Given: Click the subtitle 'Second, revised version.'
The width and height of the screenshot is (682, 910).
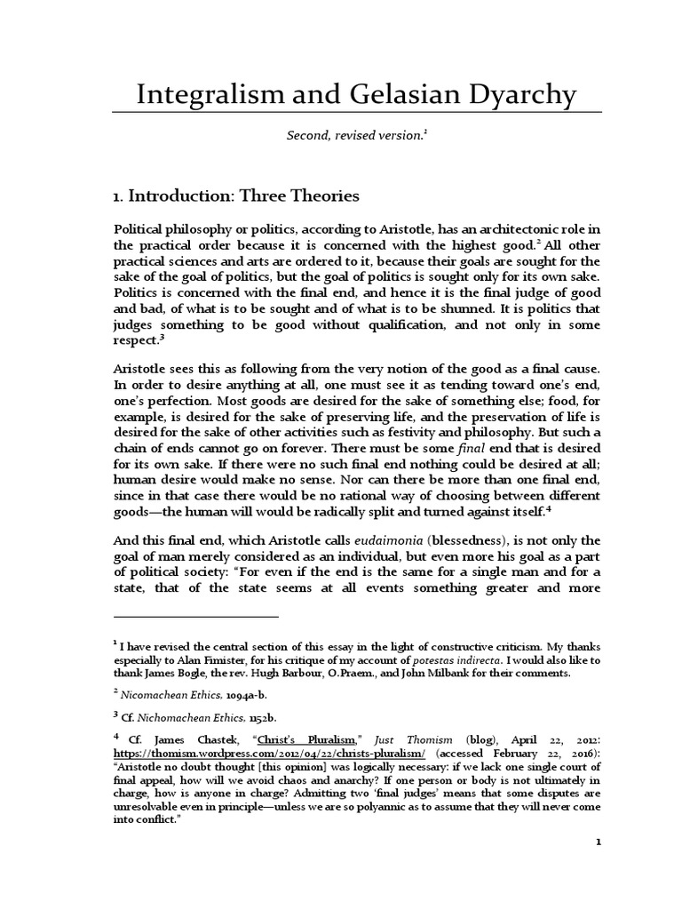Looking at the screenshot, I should coord(354,134).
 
